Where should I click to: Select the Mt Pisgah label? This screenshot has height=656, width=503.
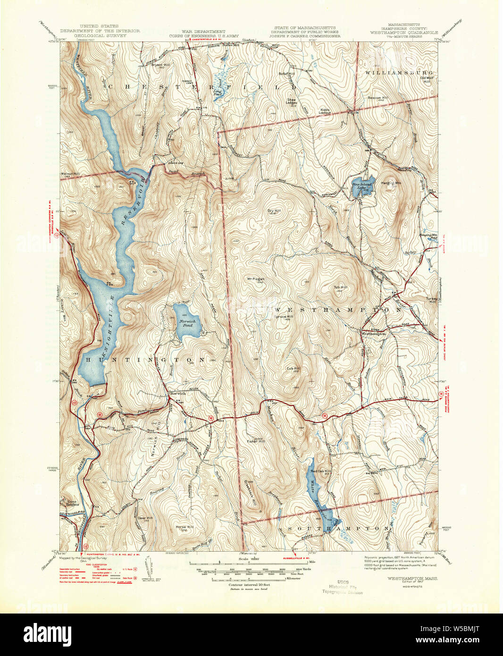[256, 278]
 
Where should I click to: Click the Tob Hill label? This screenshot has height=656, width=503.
[341, 287]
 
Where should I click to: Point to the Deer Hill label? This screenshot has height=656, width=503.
[145, 518]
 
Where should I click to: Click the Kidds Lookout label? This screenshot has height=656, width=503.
[325, 111]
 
